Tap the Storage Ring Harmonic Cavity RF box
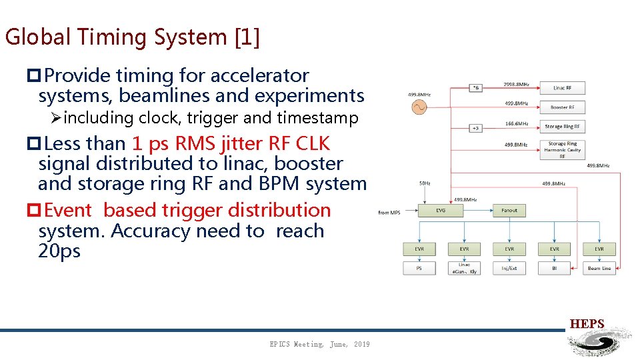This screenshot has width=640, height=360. click(562, 150)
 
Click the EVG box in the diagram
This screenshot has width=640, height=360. click(440, 211)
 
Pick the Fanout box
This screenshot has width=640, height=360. click(509, 211)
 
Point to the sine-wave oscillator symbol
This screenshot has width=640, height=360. click(419, 107)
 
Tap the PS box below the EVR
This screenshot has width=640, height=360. click(419, 268)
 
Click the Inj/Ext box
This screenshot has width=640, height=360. click(509, 268)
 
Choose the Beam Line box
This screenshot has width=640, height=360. click(599, 268)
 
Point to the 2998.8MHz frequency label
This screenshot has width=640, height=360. click(516, 84)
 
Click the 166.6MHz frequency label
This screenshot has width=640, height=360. click(517, 123)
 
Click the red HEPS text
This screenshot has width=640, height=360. click(587, 324)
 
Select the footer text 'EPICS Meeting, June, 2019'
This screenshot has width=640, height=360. click(319, 344)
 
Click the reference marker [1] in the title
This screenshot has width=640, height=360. click(247, 37)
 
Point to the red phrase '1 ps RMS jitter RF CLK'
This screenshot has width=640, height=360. click(231, 143)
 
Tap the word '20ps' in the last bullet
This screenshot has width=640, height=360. click(59, 251)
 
